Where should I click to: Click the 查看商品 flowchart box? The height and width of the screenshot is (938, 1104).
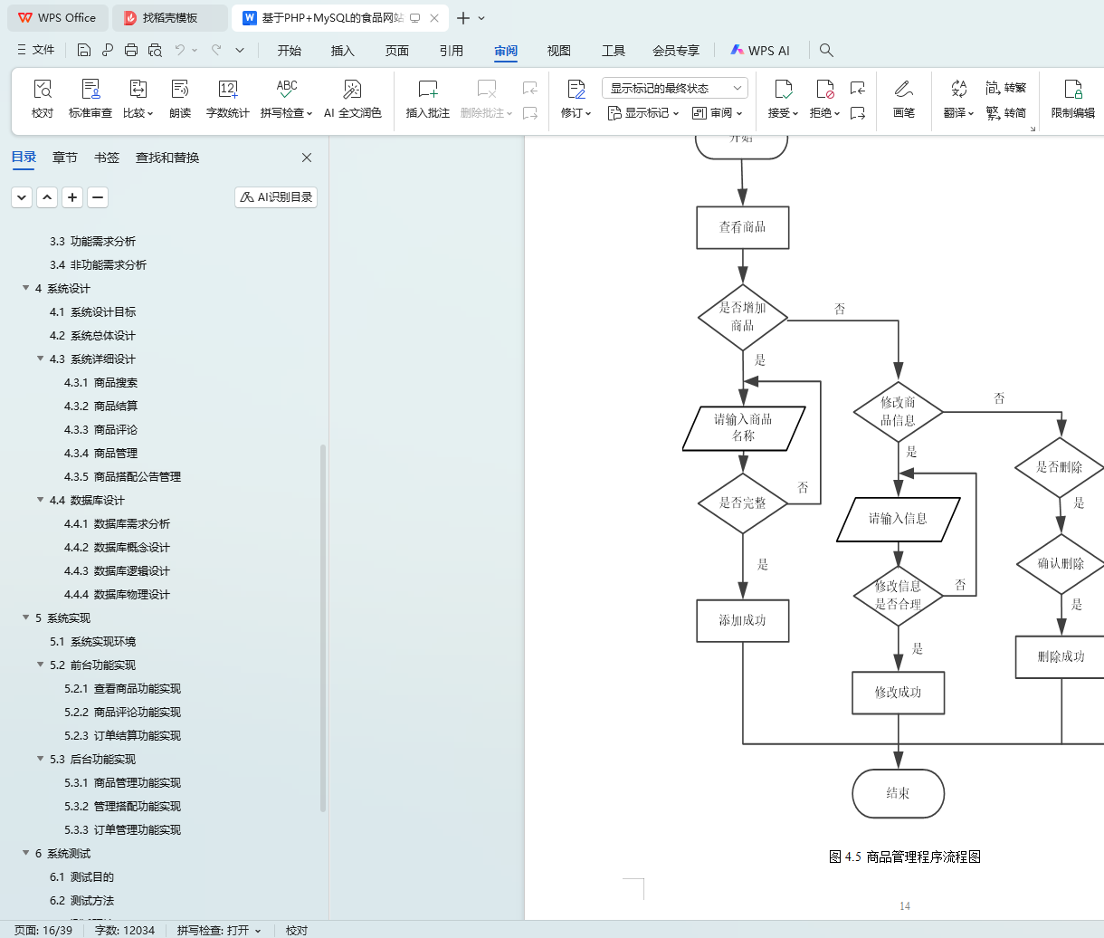point(742,227)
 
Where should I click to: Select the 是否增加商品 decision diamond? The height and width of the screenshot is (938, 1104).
point(742,317)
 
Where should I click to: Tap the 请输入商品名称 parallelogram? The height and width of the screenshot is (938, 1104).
point(743,428)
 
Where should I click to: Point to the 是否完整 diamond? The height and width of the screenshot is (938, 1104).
point(742,503)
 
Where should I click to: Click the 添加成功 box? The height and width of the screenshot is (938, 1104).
point(742,621)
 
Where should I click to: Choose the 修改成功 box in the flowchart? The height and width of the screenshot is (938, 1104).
point(898,693)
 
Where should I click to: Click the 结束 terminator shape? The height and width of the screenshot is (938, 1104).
point(898,793)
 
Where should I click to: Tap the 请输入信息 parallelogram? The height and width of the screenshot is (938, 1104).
point(898,519)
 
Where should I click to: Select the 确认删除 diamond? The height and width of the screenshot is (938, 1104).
point(1061,564)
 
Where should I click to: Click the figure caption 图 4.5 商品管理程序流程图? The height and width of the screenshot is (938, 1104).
point(905,857)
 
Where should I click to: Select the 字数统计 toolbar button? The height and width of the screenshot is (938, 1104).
point(227,99)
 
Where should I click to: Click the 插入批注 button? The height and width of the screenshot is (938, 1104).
point(428,99)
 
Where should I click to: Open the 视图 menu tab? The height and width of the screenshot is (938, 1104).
point(559,51)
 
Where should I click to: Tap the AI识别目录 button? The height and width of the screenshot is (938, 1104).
point(276,197)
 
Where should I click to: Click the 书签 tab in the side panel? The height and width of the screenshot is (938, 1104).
point(107,158)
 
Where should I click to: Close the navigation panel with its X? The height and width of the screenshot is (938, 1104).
point(307,158)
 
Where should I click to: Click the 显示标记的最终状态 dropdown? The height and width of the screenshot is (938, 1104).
point(675,88)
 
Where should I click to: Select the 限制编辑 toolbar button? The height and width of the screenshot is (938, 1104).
point(1072,99)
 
